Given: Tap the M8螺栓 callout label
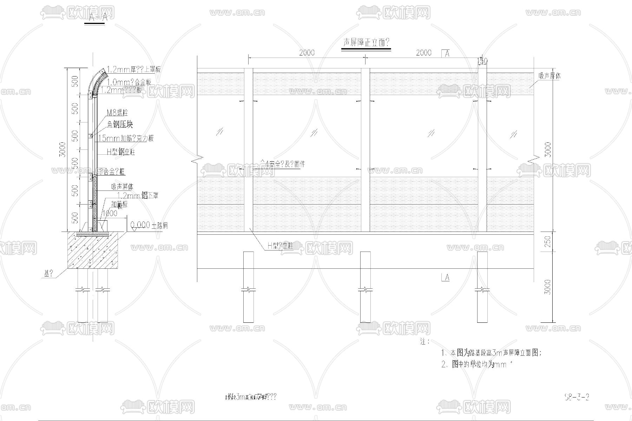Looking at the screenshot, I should (x=117, y=113).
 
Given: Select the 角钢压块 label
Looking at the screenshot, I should (x=120, y=125).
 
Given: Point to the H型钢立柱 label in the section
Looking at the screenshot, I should (x=121, y=152).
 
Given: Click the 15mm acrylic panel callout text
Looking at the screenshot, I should (x=126, y=138).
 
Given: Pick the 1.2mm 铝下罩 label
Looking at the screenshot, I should (x=137, y=195).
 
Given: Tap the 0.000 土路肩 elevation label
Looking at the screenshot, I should (x=149, y=225).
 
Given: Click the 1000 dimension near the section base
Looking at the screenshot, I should (x=110, y=213).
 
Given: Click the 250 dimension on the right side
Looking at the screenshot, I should (x=548, y=241).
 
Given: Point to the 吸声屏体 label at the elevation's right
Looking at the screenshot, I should (x=550, y=76).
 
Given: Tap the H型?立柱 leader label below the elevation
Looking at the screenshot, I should (x=280, y=246).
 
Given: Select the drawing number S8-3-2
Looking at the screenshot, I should (x=576, y=397).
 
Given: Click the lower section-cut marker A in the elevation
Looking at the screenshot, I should (x=445, y=278).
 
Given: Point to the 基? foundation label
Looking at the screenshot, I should (x=48, y=273).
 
